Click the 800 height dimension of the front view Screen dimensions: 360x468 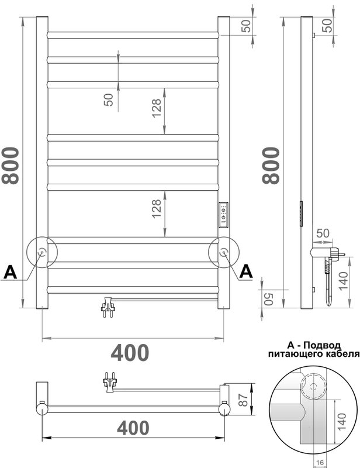click(11, 166)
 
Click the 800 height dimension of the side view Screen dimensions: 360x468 click(271, 166)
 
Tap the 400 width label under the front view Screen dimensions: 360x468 click(130, 353)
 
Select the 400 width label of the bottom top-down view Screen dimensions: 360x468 click(133, 428)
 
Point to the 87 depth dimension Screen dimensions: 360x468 click(243, 400)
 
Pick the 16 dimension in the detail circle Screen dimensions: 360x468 click(320, 463)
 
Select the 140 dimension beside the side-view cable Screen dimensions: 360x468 click(343, 280)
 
